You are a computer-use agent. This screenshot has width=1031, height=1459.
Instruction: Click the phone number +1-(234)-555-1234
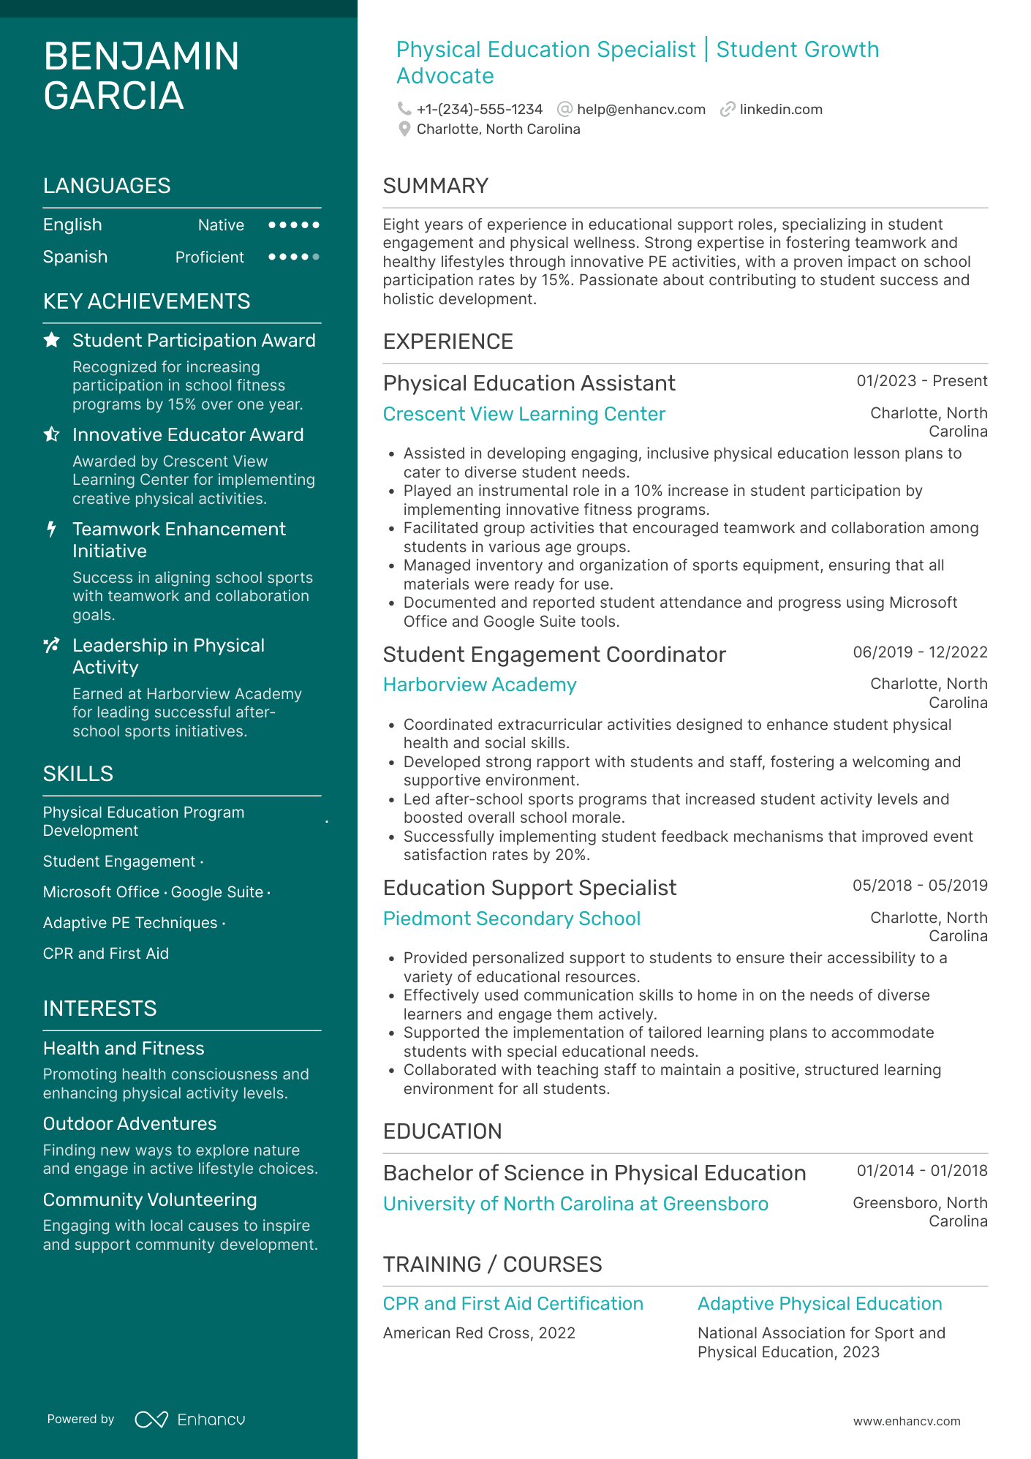479,110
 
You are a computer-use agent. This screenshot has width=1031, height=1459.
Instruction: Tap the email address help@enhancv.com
641,110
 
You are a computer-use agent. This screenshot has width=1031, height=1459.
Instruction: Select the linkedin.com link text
780,110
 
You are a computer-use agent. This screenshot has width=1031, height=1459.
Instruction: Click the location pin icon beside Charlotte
404,129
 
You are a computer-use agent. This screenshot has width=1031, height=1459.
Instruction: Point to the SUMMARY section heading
435,186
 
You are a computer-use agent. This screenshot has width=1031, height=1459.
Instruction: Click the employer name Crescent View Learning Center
524,414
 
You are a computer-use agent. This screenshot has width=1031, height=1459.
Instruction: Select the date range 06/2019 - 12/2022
920,652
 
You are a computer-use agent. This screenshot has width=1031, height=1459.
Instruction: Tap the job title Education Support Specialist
529,888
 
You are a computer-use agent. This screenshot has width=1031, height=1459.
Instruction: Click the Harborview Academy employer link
480,685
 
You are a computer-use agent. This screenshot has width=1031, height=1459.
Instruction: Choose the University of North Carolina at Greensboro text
575,1204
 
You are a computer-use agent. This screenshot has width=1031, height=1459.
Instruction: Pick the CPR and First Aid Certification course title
513,1304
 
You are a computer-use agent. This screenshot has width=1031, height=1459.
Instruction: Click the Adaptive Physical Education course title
819,1304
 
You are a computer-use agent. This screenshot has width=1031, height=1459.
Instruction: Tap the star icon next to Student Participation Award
52,340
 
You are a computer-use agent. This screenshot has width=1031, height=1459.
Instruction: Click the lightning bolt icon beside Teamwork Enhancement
51,529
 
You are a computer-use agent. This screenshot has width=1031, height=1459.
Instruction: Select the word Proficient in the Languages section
209,257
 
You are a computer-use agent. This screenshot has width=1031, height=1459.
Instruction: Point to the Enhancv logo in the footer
190,1420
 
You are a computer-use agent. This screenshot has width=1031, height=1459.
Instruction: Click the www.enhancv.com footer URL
906,1422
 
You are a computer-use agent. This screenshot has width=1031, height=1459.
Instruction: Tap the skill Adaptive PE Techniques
130,923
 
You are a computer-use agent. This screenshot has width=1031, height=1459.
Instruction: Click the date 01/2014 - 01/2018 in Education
921,1171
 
